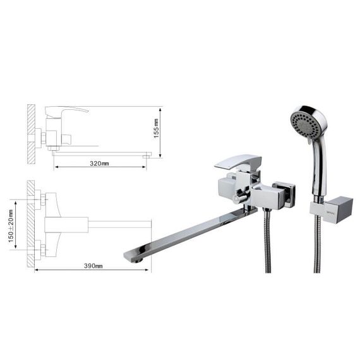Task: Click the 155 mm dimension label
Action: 157,128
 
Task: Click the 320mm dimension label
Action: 99,164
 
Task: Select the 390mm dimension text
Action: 93,266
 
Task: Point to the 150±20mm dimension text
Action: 11,226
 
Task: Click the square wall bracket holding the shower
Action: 332,210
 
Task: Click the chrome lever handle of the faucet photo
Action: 238,162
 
